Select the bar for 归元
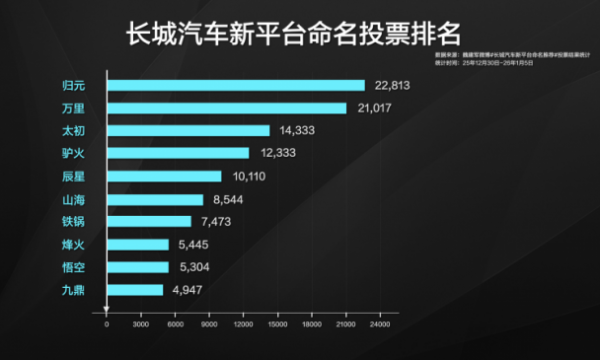235,85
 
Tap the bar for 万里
226,108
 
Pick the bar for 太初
188,130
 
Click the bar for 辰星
164,176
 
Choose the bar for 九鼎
134,290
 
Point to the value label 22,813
393,86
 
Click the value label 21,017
374,108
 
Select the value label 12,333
277,154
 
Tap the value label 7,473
217,222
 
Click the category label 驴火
73,154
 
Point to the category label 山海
73,199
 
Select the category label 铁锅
73,222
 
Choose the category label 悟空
73,268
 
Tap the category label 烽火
73,245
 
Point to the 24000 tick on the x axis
379,324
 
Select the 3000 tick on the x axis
141,324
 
